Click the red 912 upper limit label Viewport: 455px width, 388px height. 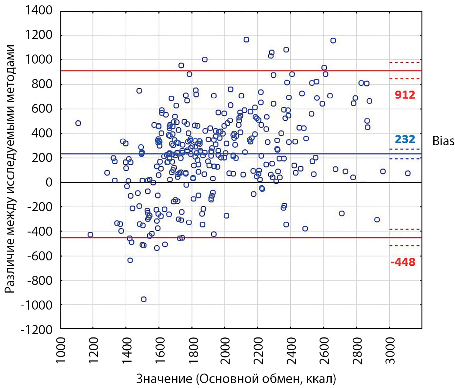pos(405,95)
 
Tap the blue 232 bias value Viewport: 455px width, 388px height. pos(405,139)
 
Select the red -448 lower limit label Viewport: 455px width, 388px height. pos(403,262)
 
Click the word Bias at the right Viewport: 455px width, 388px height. pos(443,141)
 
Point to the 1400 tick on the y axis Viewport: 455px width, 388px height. pos(39,10)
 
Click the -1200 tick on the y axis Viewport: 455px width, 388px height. pos(36,330)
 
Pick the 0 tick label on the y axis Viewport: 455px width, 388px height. pos(49,182)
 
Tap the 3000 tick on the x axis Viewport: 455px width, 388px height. pos(390,351)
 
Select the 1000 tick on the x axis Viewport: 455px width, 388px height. pos(61,351)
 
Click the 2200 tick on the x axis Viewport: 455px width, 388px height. pos(259,351)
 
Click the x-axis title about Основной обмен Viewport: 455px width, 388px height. pos(236,379)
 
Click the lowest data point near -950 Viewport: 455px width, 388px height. pos(144,299)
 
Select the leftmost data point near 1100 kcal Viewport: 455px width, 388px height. pos(78,123)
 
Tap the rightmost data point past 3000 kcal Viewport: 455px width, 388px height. pos(408,173)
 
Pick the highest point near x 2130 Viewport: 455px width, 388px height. pos(246,40)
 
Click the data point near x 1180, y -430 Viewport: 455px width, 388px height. pos(90,235)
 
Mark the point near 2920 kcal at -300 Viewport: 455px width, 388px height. pos(377,220)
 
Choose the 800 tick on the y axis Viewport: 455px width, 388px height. pos(42,84)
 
